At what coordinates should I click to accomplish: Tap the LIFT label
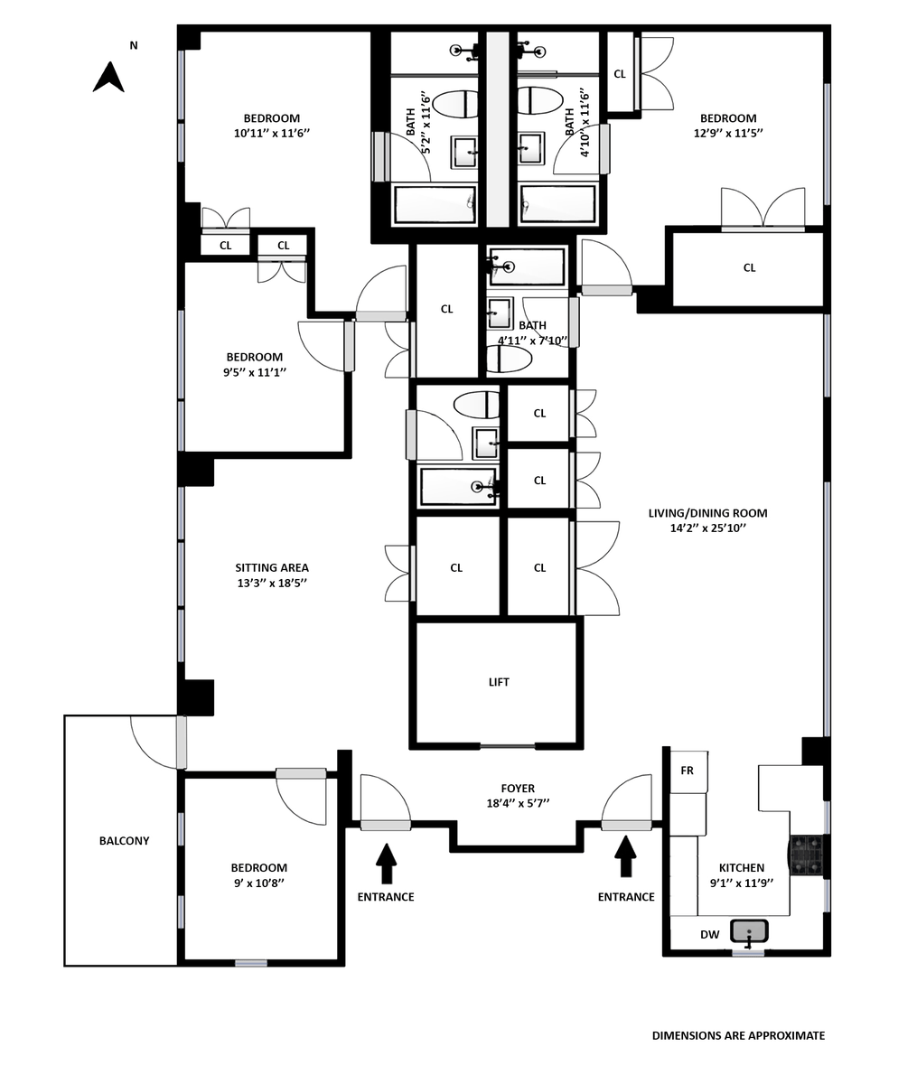click(499, 682)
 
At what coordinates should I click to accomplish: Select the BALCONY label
click(125, 841)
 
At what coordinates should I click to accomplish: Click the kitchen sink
click(749, 930)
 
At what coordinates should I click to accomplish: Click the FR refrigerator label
click(687, 771)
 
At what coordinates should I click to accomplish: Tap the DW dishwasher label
click(710, 934)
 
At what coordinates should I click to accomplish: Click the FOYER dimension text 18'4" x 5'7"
click(518, 803)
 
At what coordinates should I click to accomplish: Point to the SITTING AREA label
click(272, 567)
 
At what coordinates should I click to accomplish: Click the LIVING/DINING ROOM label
click(707, 513)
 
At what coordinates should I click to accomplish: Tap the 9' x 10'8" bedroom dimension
click(258, 883)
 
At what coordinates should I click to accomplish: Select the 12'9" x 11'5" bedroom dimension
click(728, 133)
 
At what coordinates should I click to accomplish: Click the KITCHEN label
click(741, 867)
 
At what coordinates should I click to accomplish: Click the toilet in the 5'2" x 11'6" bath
click(456, 104)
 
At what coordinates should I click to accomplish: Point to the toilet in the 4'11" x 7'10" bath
click(509, 360)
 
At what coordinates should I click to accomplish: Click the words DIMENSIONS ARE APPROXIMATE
click(738, 1035)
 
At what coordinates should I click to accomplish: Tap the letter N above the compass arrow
click(134, 46)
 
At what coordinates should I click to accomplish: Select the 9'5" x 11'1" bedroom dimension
click(255, 372)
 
